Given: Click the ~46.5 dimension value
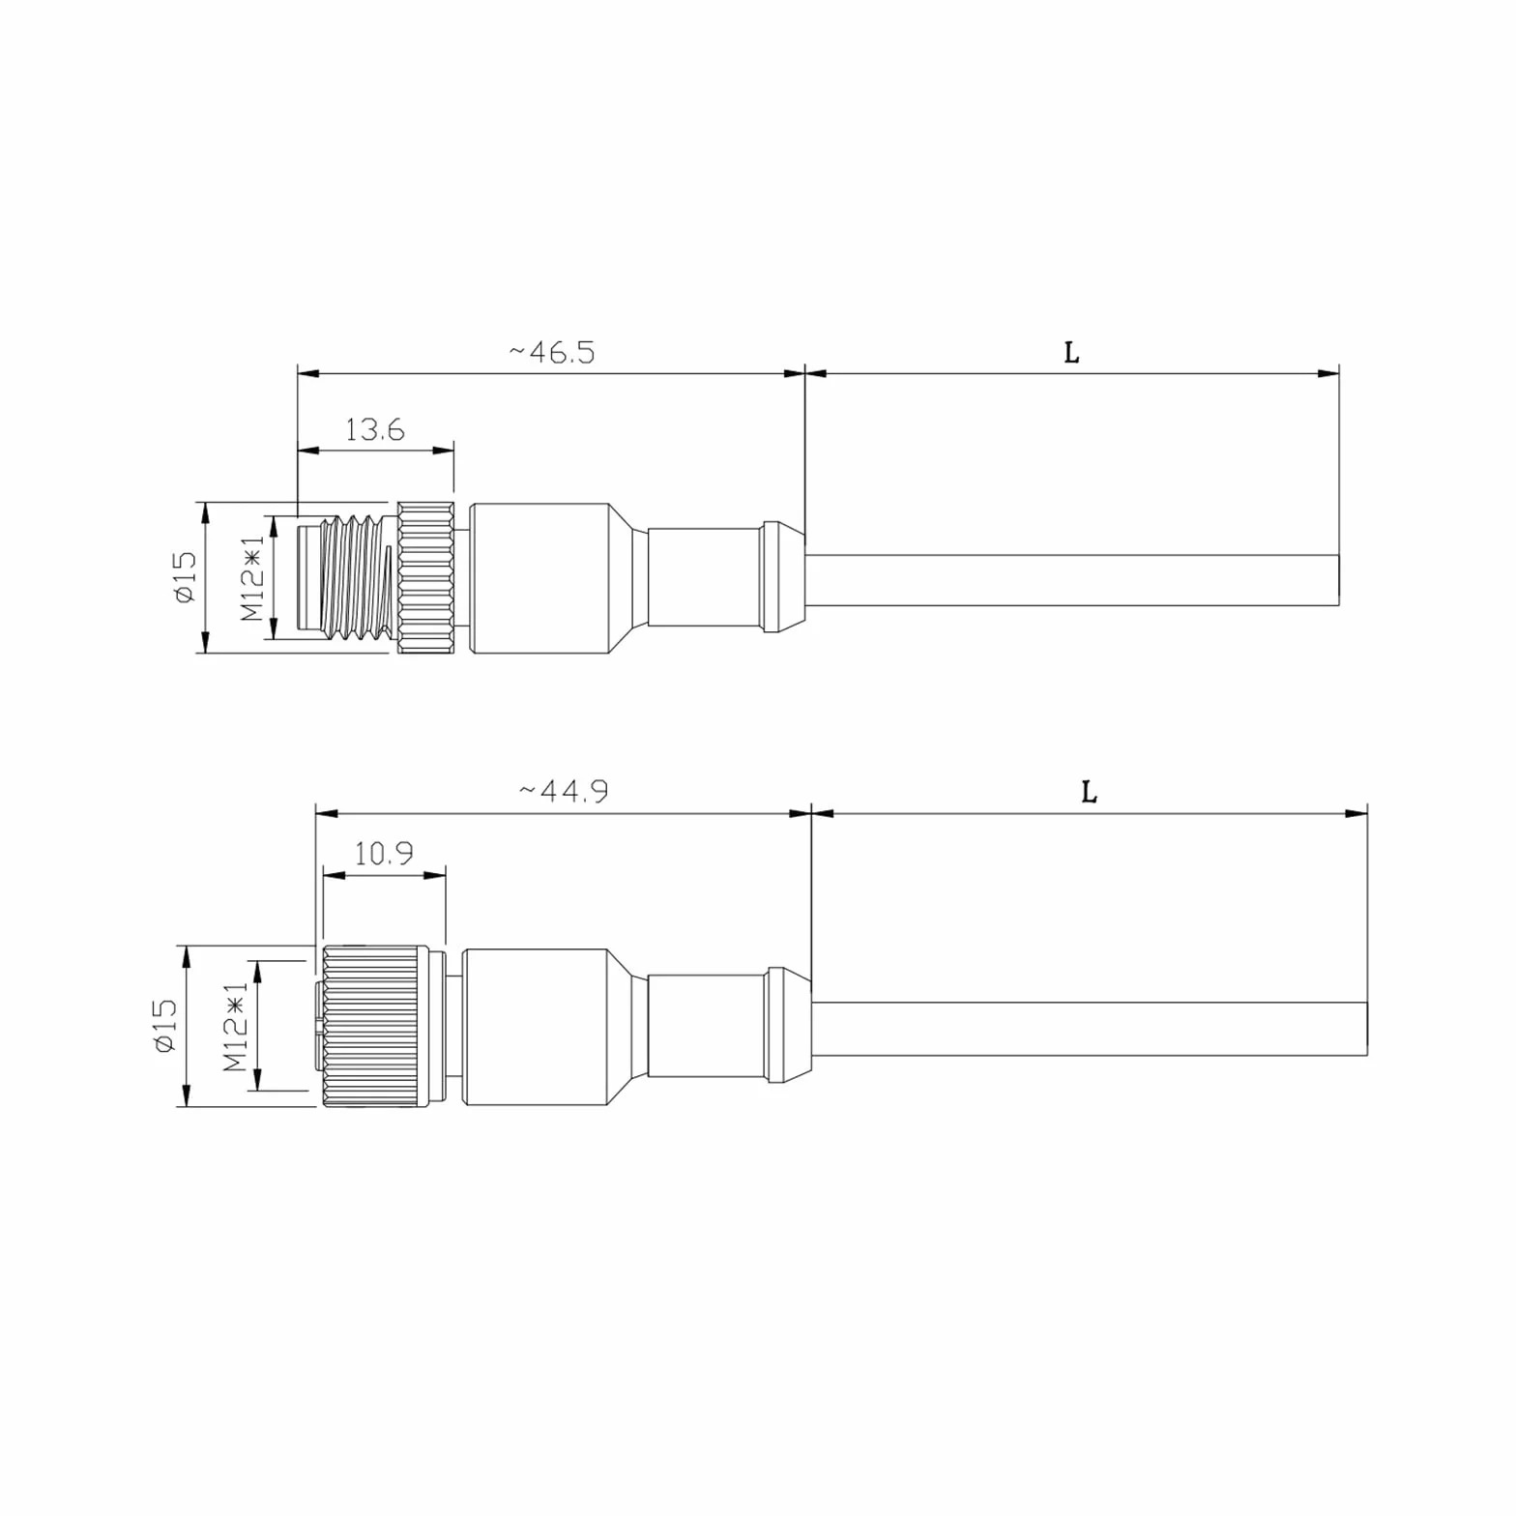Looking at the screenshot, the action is pyautogui.click(x=552, y=352).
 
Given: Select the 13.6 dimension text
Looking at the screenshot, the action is pyautogui.click(x=375, y=429).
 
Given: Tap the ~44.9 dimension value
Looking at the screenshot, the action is pyautogui.click(x=564, y=792).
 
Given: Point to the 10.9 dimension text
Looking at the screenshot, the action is pyautogui.click(x=384, y=854).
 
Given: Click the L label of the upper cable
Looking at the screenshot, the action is pyautogui.click(x=1071, y=353).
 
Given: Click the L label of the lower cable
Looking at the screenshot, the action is pyautogui.click(x=1089, y=793).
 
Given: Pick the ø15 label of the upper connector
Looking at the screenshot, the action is pyautogui.click(x=185, y=577).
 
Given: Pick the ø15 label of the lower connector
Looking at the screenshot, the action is pyautogui.click(x=164, y=1026).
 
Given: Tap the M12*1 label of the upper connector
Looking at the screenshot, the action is pyautogui.click(x=252, y=579).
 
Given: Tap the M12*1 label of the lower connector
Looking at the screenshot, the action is pyautogui.click(x=235, y=1028).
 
